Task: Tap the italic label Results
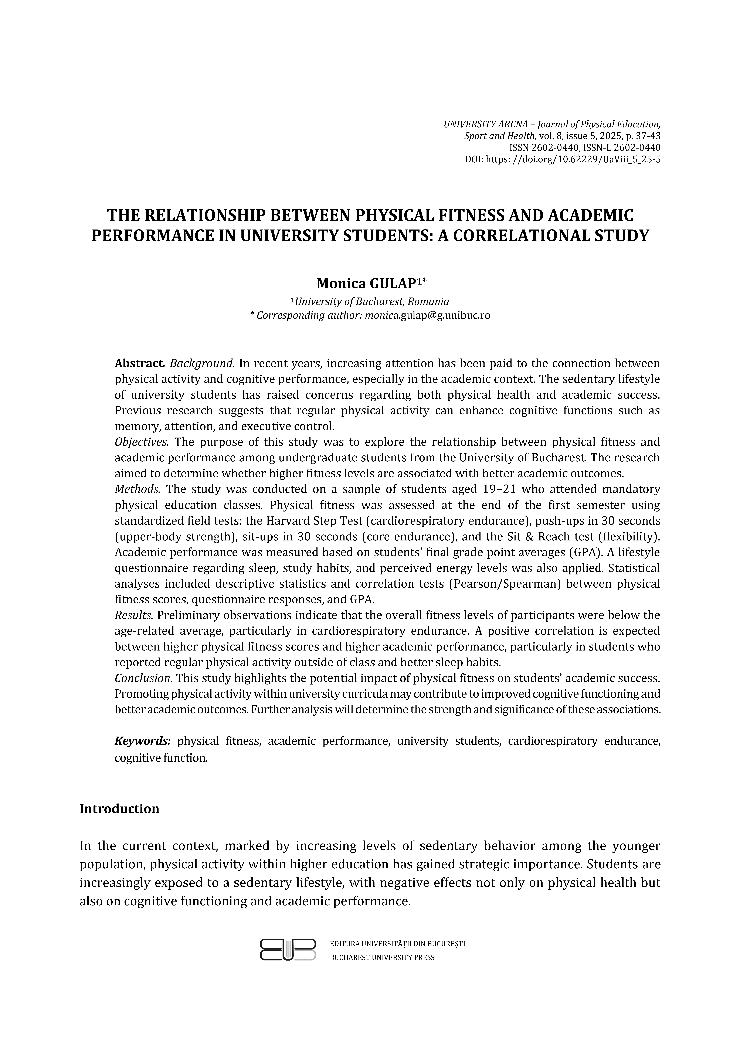point(133,615)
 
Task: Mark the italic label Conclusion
point(143,678)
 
